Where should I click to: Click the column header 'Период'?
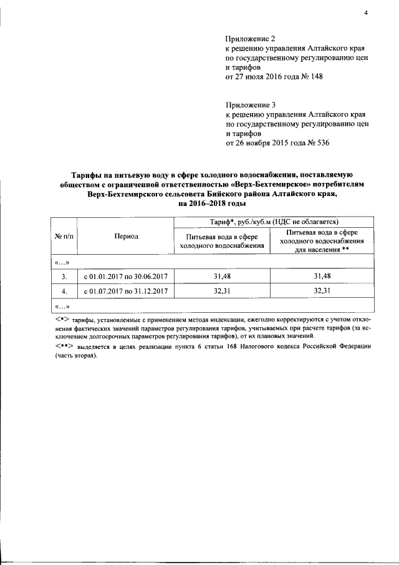(127, 237)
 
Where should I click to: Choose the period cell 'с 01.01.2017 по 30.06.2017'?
(127, 275)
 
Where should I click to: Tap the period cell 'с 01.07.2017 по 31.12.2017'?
(127, 291)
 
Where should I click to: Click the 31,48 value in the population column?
(322, 275)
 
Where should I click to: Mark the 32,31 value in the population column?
(322, 291)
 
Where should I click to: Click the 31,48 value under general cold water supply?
(222, 275)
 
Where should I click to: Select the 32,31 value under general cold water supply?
(222, 291)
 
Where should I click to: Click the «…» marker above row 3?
(62, 262)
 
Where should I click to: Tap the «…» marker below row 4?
(62, 306)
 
